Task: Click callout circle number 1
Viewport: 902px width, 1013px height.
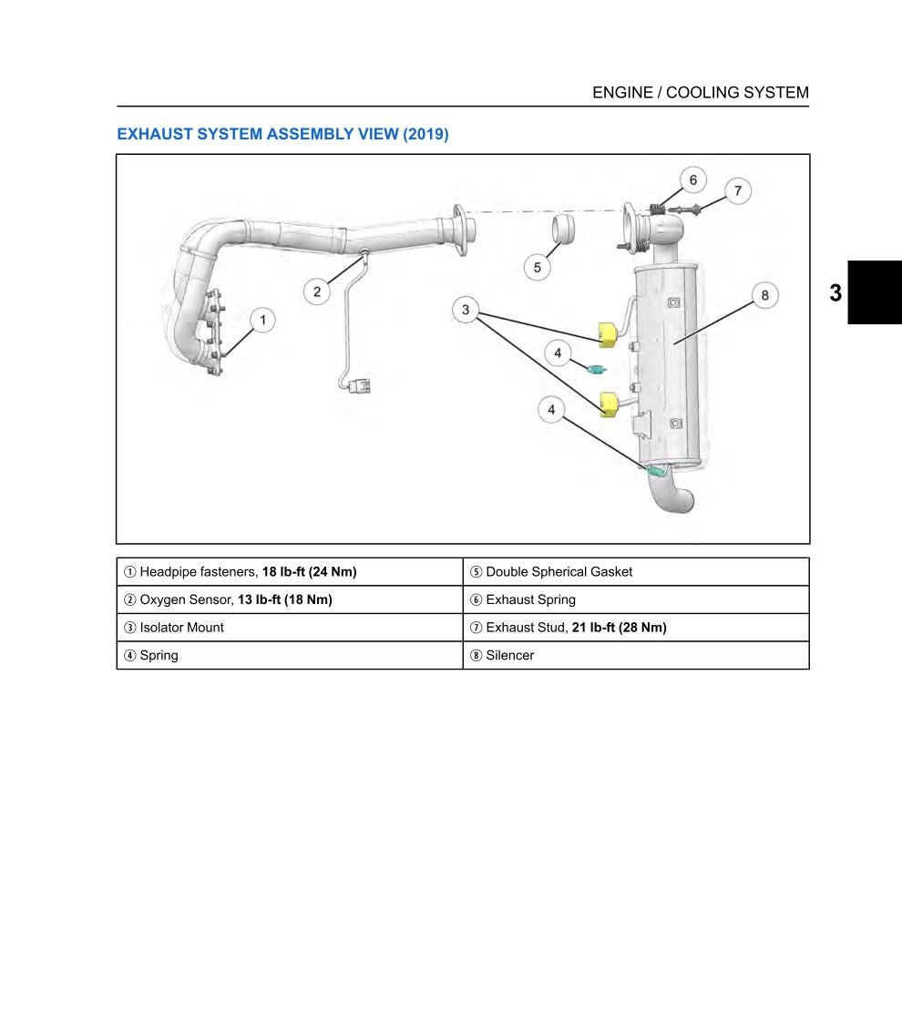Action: click(262, 320)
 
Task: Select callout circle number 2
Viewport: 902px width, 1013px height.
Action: click(317, 292)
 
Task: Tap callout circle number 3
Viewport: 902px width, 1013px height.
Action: click(466, 311)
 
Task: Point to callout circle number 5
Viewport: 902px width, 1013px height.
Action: click(538, 267)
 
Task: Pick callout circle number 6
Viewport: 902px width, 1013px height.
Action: click(692, 180)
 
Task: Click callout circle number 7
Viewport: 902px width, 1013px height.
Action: click(738, 191)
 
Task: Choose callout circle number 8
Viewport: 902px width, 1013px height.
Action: click(764, 295)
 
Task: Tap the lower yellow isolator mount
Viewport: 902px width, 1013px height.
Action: click(609, 402)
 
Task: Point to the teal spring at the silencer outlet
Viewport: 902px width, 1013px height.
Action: click(658, 472)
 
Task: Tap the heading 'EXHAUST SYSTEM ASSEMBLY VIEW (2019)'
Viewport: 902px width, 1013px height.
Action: click(282, 134)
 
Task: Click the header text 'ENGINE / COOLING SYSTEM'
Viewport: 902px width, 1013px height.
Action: click(700, 92)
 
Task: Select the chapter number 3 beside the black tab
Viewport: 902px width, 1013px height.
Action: click(835, 293)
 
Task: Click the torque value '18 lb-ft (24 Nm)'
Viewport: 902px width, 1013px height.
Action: click(309, 572)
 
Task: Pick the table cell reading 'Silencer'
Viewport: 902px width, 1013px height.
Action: click(509, 655)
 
